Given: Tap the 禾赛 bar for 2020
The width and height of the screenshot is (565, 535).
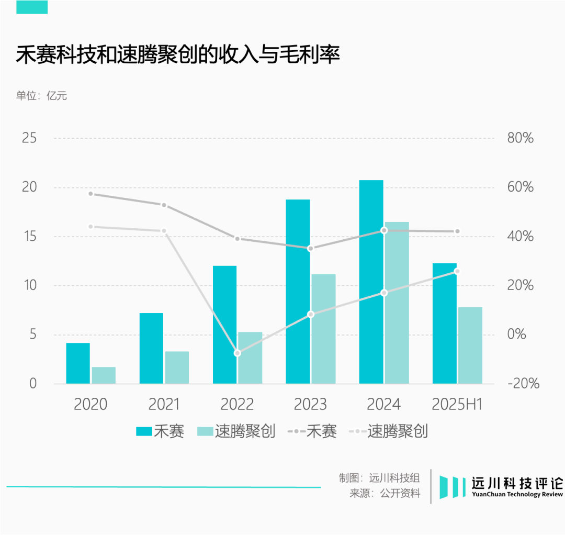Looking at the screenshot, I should pos(78,363).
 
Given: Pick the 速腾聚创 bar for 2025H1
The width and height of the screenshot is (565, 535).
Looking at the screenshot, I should pos(470,345).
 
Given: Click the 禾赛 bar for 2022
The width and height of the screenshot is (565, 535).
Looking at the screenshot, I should pos(224,325).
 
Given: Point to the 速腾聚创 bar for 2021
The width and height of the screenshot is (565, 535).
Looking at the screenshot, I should pos(177,367).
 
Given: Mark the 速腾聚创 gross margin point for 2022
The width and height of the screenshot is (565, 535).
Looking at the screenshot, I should pos(237,353).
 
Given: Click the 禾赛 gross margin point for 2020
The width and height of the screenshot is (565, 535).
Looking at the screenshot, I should pos(91,194).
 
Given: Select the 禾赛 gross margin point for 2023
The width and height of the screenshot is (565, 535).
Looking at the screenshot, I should pos(310,248).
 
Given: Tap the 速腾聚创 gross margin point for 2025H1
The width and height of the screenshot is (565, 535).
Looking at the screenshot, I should pos(457,271).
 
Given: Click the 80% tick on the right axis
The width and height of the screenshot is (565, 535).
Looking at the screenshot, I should pos(521,139).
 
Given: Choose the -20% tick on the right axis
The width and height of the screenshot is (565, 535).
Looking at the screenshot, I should pos(523,384).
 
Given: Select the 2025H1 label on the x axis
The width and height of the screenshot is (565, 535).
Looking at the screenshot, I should pos(457,405).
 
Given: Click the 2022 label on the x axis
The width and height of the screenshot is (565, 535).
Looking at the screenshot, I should pos(237,405).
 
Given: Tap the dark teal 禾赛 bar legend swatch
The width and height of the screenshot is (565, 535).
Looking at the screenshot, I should pos(143,431).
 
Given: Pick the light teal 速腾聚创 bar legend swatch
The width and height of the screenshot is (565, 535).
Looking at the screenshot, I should pos(205,431).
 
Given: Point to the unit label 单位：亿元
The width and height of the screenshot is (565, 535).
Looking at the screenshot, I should pos(41,96).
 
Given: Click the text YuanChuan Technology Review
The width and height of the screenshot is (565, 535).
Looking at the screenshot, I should pos(517,495).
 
